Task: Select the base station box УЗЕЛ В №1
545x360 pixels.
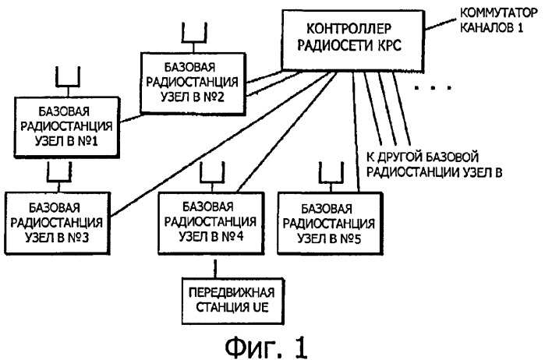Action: [64, 124]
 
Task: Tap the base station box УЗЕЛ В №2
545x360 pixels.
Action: [190, 79]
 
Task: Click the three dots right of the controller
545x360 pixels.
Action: [432, 90]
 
